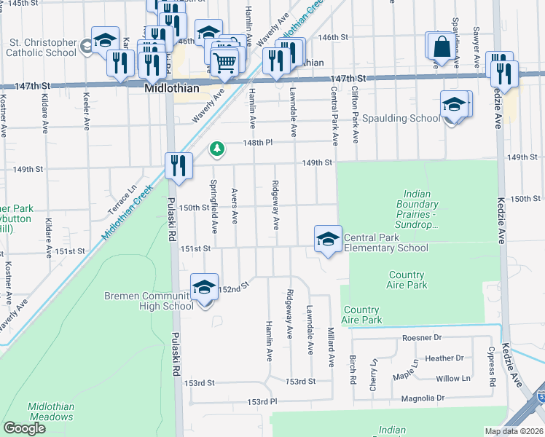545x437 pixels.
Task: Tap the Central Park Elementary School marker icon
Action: pyautogui.click(x=328, y=238)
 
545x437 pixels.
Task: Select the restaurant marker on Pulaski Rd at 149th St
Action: pyautogui.click(x=179, y=165)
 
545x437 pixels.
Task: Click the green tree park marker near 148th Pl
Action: pyautogui.click(x=216, y=149)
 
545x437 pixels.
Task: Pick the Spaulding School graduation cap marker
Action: pyautogui.click(x=454, y=105)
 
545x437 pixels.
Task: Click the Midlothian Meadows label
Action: pyautogui.click(x=51, y=412)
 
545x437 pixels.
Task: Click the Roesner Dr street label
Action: pyautogui.click(x=422, y=338)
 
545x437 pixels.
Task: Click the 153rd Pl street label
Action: pyautogui.click(x=262, y=402)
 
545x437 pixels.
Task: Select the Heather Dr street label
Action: pyautogui.click(x=444, y=358)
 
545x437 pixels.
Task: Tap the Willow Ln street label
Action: pyautogui.click(x=452, y=378)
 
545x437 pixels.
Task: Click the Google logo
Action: pyautogui.click(x=24, y=429)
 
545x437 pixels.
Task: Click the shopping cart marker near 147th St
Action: pyautogui.click(x=225, y=62)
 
